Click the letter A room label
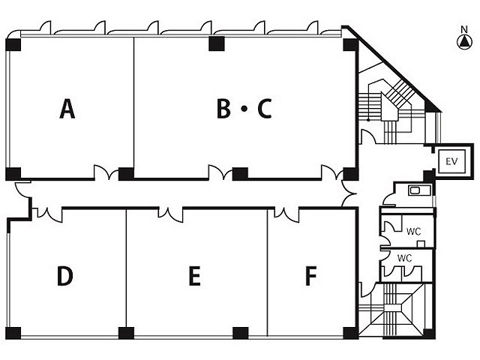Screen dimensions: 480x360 pos(67,109)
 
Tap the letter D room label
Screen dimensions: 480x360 pos(65,276)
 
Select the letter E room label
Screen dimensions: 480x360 pos(195,276)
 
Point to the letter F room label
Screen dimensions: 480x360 pos(311,276)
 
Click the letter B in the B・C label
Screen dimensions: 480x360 pos(223,108)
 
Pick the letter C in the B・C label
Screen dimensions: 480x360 pos(265,108)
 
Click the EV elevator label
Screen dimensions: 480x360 pos(451,161)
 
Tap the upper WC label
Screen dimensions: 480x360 pos(413,232)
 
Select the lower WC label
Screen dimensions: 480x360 pos(404,258)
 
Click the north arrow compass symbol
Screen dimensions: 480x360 pos(464,42)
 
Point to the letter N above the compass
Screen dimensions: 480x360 pos(464,29)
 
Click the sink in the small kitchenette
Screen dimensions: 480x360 pos(415,190)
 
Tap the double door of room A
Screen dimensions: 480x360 pos(106,172)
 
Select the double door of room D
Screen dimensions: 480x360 pos(49,214)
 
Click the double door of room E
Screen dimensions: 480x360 pos(170,214)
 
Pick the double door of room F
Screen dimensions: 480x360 pos(286,214)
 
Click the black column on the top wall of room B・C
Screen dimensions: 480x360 pos(217,43)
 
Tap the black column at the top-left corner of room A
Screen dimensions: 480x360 pos(13,44)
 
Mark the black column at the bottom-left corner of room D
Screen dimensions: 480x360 pos(13,333)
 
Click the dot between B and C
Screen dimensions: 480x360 pos(244,109)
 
